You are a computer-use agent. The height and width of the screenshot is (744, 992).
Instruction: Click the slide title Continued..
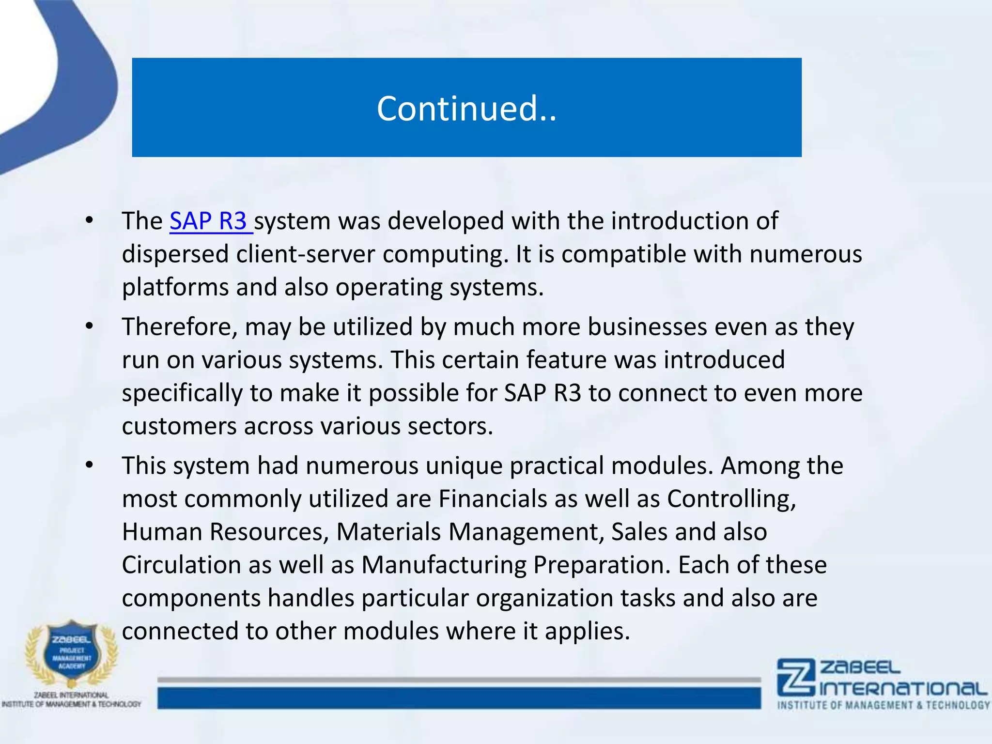[x=466, y=108]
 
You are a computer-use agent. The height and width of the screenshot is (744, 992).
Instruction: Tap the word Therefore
[x=179, y=327]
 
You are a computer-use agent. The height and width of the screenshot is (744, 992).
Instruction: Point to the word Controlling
[x=731, y=499]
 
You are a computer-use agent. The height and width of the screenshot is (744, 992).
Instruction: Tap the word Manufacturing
[x=443, y=565]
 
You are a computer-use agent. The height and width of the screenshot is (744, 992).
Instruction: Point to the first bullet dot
[x=89, y=221]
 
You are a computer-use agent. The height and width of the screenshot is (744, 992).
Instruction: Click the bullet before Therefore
[x=89, y=327]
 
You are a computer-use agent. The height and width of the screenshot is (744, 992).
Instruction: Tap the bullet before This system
[x=89, y=465]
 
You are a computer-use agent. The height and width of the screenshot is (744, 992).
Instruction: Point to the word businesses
[x=647, y=327]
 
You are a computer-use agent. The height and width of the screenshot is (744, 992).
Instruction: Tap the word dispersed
[x=175, y=254]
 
